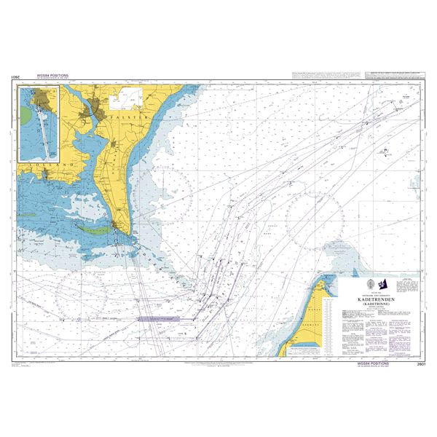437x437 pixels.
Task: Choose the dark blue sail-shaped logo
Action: (385, 284)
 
